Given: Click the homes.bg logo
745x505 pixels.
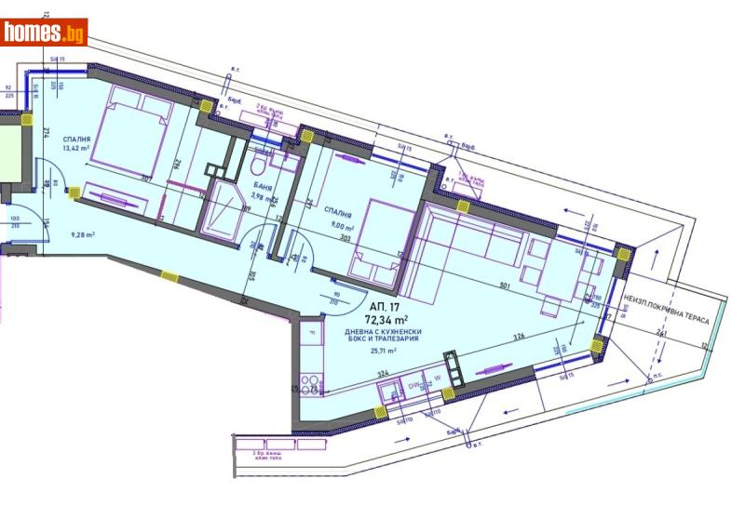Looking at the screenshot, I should click(44, 33).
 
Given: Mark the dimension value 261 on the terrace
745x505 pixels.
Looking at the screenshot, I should click(662, 332).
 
